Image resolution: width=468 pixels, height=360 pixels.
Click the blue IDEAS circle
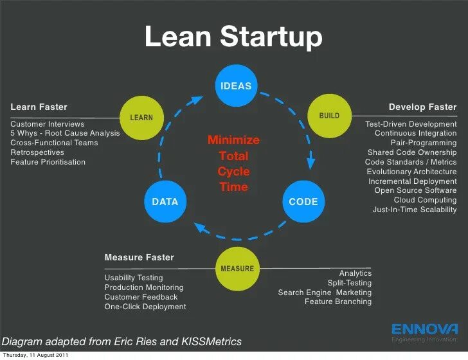coord(236,85)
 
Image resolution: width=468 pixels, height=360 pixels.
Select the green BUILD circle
coord(329,116)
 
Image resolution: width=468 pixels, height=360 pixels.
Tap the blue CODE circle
coord(303,201)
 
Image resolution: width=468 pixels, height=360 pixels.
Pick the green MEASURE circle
coord(237,268)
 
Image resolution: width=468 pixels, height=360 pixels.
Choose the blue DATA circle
coord(165,201)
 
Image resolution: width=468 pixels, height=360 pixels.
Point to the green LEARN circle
coord(141,117)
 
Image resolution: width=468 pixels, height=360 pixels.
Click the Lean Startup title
coord(233,37)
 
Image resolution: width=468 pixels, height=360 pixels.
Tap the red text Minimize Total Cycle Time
coord(233,163)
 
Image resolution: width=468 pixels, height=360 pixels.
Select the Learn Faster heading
coord(39,107)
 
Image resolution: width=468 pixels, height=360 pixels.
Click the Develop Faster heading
coord(422,107)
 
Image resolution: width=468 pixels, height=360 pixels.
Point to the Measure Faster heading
coord(139,257)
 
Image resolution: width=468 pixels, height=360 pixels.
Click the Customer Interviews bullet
coord(48,123)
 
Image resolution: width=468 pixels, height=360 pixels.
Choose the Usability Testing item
coord(134,278)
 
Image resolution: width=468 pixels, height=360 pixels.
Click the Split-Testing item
coord(349,283)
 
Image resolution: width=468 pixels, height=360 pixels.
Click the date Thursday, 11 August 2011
coord(35,355)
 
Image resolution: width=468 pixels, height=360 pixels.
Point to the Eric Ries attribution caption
coord(122,341)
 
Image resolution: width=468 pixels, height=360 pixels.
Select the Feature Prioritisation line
coord(48,162)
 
